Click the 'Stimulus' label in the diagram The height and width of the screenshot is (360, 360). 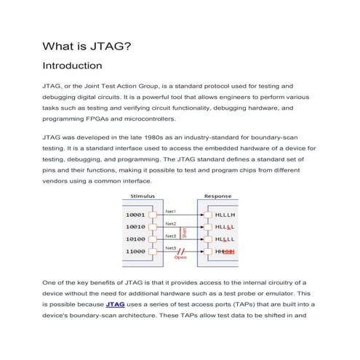click(x=141, y=196)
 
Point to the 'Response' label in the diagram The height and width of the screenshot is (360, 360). click(x=217, y=196)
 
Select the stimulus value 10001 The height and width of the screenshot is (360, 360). click(x=135, y=216)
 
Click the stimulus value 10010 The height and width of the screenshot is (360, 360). click(x=135, y=228)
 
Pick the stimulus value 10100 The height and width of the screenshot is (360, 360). click(x=135, y=239)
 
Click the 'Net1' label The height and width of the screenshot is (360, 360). click(x=171, y=212)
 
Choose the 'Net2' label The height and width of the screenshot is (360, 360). click(x=171, y=223)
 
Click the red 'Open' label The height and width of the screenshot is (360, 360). click(x=180, y=257)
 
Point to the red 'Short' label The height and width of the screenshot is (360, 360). click(x=184, y=233)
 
